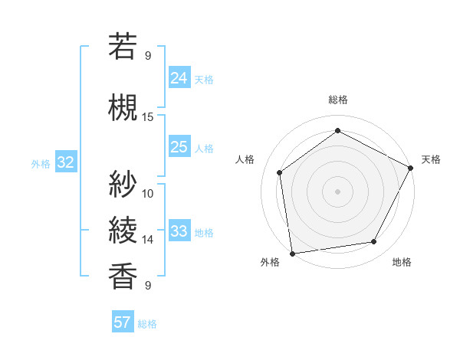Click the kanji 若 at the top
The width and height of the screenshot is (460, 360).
click(123, 47)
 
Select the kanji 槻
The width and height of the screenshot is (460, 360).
click(123, 108)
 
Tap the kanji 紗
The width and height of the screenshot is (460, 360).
click(123, 184)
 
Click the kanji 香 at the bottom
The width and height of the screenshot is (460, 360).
click(123, 277)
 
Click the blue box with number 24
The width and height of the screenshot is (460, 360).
click(179, 78)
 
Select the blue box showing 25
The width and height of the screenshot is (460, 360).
click(179, 147)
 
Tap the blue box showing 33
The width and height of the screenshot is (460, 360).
click(179, 231)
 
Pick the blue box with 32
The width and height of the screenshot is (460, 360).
click(65, 162)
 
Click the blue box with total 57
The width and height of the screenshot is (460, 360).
click(122, 322)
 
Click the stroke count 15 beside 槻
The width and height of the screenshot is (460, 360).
click(148, 117)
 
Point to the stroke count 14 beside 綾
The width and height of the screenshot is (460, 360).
click(148, 240)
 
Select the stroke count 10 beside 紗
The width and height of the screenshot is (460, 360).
click(148, 193)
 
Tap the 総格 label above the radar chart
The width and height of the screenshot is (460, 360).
click(338, 100)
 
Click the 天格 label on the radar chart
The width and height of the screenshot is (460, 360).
click(431, 159)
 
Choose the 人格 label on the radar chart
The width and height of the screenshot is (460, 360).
click(245, 159)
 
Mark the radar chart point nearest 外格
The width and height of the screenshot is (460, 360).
click(292, 253)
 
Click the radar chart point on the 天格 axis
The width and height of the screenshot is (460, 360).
click(411, 168)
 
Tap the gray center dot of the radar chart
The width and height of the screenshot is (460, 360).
click(338, 191)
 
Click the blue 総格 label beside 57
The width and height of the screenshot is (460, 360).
click(148, 323)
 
